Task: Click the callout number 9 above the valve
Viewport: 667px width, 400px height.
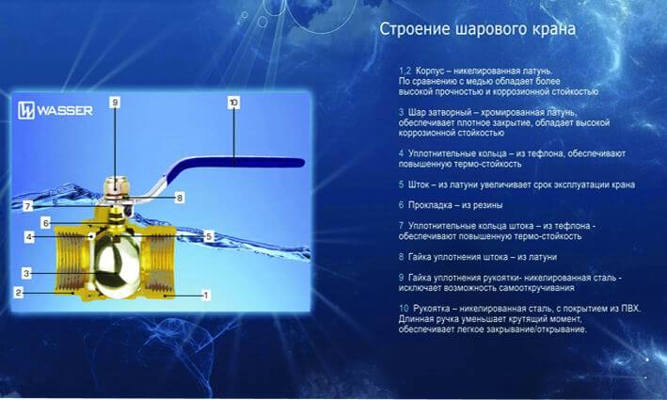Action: click(115, 103)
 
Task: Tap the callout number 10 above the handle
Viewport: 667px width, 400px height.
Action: click(233, 103)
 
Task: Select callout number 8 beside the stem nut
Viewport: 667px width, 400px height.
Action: click(180, 198)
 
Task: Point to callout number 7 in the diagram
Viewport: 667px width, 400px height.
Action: click(28, 206)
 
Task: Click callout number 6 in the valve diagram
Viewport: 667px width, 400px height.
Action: click(45, 222)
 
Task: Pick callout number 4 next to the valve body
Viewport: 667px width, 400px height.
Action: click(28, 236)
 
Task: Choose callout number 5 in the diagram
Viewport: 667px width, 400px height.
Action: click(209, 236)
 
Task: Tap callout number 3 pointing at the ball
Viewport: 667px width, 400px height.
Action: click(26, 273)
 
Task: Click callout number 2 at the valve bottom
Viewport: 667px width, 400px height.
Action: click(18, 293)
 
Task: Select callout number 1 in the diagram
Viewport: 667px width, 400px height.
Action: click(206, 295)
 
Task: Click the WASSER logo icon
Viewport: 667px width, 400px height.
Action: click(26, 111)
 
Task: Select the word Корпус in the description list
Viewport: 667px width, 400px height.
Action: click(430, 72)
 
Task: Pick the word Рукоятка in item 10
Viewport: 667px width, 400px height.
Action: click(431, 309)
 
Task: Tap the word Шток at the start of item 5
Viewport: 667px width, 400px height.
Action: click(419, 184)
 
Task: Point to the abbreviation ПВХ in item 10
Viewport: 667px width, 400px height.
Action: click(630, 309)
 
